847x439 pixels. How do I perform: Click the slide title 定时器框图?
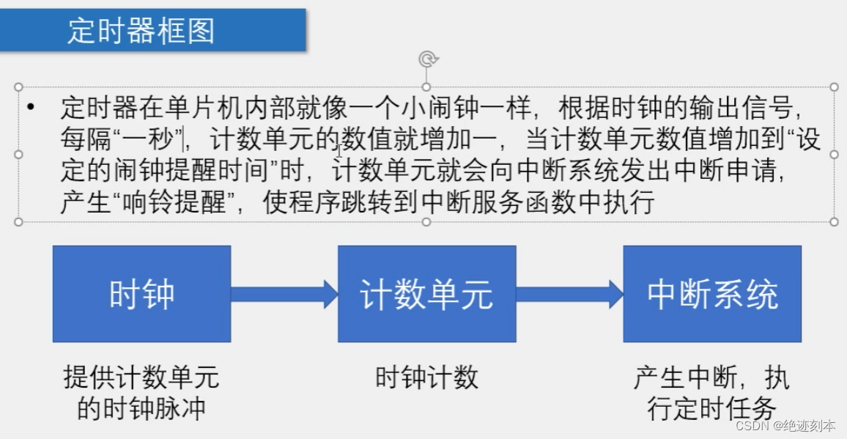click(x=141, y=31)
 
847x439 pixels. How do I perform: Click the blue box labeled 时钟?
click(x=141, y=294)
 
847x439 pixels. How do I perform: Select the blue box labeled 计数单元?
click(x=426, y=294)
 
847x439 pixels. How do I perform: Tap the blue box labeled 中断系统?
click(x=712, y=294)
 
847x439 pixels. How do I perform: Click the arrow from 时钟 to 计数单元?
click(x=284, y=294)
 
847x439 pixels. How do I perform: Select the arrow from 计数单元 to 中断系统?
click(x=569, y=294)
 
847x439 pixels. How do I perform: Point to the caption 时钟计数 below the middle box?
click(x=426, y=377)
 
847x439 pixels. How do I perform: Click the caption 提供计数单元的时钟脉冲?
click(x=141, y=393)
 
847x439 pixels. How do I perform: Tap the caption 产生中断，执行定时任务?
click(x=711, y=393)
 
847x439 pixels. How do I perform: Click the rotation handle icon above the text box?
click(x=426, y=59)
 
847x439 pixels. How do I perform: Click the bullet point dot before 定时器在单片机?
click(x=30, y=108)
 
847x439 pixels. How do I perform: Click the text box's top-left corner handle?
click(x=19, y=87)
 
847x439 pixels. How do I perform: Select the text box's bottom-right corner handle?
click(x=834, y=221)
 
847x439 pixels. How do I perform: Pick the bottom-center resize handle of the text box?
click(x=426, y=221)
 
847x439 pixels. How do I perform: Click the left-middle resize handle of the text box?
click(x=19, y=154)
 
